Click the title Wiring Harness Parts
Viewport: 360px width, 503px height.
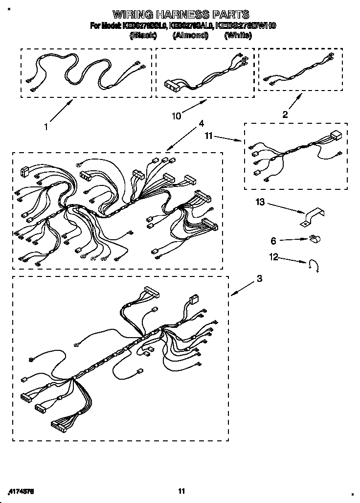point(181,14)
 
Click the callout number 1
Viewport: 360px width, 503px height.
point(46,127)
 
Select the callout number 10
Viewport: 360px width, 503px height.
point(177,116)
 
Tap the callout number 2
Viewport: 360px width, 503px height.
point(285,114)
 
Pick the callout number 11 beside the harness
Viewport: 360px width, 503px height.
point(209,137)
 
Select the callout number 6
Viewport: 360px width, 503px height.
point(273,241)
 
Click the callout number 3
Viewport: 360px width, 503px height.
point(259,279)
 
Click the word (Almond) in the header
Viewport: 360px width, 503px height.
point(190,35)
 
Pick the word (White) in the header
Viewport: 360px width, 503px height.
point(237,35)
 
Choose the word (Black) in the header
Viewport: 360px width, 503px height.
point(143,35)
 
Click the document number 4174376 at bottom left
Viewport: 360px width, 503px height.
point(23,491)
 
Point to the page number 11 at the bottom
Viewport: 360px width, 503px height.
point(181,491)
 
